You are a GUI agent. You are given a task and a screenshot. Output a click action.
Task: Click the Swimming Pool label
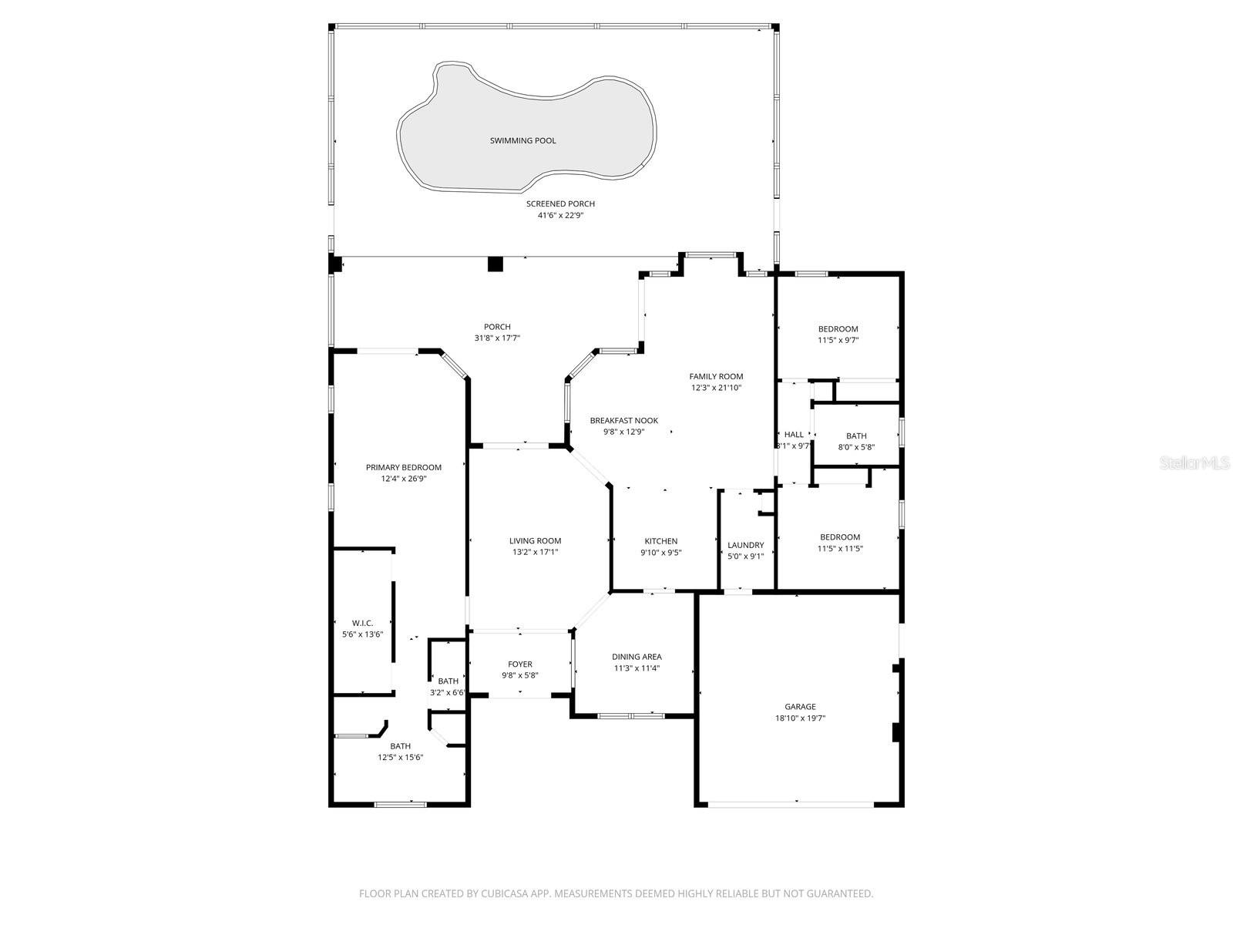click(x=522, y=140)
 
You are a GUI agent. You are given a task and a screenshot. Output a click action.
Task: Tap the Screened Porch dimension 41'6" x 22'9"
click(x=560, y=216)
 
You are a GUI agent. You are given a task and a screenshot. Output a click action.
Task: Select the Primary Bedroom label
click(x=403, y=467)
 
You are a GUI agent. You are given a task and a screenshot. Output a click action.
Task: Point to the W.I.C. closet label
click(x=362, y=623)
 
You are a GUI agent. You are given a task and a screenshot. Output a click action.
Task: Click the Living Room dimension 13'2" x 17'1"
click(x=535, y=552)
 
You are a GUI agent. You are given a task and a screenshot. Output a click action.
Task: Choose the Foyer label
click(x=520, y=664)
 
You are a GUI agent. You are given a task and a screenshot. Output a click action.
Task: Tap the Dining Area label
click(x=637, y=657)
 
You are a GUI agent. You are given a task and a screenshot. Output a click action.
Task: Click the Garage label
click(x=800, y=706)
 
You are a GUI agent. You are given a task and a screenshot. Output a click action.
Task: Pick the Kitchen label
click(x=660, y=541)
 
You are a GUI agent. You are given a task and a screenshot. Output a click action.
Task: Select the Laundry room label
click(x=745, y=545)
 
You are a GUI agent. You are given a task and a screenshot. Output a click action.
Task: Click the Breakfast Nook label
click(x=623, y=420)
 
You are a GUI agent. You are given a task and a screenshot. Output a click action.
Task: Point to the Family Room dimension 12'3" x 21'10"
click(x=716, y=388)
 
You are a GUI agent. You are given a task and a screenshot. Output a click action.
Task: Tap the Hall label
click(x=794, y=435)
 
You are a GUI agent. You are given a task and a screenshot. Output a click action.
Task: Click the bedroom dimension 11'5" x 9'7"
click(x=838, y=340)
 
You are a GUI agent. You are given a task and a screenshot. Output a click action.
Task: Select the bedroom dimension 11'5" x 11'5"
click(x=840, y=549)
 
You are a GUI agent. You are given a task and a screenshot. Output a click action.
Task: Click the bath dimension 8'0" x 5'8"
click(x=856, y=447)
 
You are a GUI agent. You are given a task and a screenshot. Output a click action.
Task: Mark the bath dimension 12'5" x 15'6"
click(x=400, y=757)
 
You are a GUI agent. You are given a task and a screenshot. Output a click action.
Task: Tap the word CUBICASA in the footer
click(x=506, y=894)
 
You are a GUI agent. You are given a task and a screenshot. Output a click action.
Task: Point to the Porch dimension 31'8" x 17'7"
click(x=497, y=338)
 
